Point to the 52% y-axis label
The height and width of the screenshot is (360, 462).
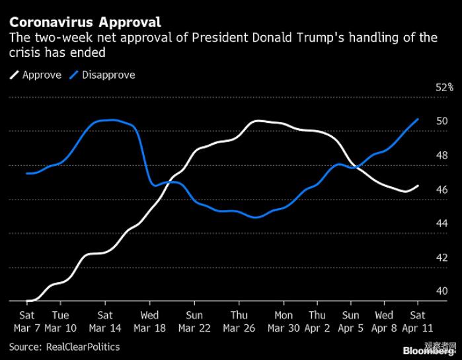coord(444,87)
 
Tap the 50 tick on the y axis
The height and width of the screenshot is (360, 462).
coord(442,122)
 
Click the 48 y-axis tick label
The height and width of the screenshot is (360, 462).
coord(442,156)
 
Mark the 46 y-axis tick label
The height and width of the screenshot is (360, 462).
coord(442,190)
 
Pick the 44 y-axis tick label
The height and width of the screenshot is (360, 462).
coord(442,224)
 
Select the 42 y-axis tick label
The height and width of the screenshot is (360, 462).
coord(442,258)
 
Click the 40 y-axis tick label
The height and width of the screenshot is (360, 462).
coord(442,291)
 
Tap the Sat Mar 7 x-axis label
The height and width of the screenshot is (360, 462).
coord(27,322)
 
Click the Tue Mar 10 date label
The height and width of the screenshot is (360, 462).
coord(60,322)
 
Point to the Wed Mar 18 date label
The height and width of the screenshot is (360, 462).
coord(149,322)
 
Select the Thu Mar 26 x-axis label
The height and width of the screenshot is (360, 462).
coord(239,322)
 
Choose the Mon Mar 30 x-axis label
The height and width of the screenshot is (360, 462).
coord(284,322)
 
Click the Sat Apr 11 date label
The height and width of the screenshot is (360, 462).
coord(418,322)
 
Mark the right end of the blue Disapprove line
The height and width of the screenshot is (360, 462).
coord(418,119)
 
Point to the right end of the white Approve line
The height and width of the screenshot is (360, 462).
coord(418,186)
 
